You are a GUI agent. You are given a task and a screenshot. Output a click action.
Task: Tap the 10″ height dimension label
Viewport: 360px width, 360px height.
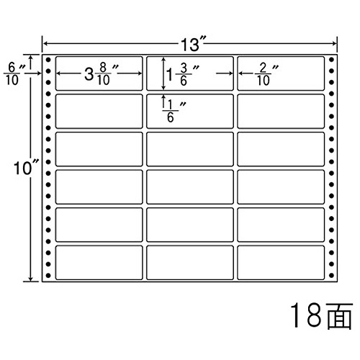tap(26, 167)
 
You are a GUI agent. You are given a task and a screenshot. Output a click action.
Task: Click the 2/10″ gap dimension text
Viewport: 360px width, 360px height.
tap(266, 74)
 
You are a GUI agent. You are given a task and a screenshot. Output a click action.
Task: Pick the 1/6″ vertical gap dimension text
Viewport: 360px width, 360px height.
tap(174, 111)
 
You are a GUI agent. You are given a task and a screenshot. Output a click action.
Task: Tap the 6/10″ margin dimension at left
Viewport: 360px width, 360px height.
tap(14, 73)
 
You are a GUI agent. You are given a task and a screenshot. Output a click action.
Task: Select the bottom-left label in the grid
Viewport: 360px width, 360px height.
tap(99, 263)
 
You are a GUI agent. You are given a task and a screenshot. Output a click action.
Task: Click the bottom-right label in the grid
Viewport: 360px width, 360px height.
tap(281, 263)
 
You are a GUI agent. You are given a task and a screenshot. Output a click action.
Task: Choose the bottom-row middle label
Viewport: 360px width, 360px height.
tap(190, 263)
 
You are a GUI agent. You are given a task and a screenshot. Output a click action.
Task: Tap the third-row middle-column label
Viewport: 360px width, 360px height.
tap(190, 149)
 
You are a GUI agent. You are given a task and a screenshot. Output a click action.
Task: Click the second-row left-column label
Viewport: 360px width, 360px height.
tap(99, 112)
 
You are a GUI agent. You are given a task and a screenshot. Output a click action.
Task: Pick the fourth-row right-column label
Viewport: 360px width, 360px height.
tap(281, 187)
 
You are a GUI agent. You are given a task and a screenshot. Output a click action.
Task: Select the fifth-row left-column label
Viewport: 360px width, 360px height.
tap(99, 225)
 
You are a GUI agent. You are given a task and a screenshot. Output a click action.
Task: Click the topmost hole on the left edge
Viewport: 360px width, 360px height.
tap(48, 59)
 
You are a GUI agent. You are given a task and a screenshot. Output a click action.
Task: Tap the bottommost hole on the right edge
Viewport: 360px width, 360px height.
tap(331, 275)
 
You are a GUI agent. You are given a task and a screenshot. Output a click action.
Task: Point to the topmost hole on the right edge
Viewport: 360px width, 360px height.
tap(331, 59)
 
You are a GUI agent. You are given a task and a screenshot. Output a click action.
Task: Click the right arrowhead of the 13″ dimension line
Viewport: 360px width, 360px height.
tap(335, 44)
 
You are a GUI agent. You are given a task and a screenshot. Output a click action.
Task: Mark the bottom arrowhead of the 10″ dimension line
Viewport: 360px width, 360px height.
tap(31, 279)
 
